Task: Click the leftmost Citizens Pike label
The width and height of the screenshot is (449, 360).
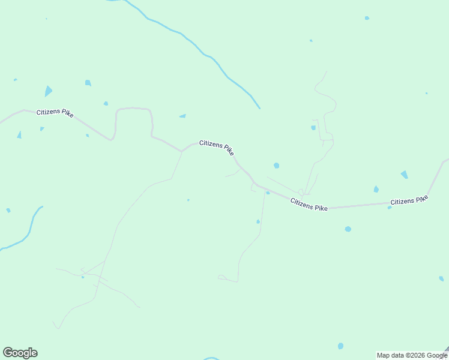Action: coord(55,113)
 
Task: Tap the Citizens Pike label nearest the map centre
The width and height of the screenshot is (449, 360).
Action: coord(217,148)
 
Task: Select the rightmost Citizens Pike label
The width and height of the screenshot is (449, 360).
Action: coord(409,200)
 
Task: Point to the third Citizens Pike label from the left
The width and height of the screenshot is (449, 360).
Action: coord(309,204)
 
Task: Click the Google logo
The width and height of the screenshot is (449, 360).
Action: coord(20,353)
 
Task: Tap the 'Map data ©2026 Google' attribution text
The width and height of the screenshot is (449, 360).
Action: coord(412,355)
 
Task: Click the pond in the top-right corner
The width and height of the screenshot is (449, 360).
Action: coord(367,18)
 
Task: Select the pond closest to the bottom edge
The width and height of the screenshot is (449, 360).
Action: coord(340,346)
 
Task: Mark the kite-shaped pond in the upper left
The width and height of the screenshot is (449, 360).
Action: coord(48,91)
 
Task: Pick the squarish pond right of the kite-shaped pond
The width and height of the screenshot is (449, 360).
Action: coord(88,83)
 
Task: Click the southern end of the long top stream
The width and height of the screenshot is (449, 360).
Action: coord(258,107)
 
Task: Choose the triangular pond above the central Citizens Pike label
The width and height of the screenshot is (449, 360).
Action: coord(182,116)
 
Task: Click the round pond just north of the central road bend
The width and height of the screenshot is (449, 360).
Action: coord(276,165)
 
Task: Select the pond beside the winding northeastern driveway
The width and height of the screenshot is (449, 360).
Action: coord(313,127)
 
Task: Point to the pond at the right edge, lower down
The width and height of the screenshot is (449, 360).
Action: coord(441,278)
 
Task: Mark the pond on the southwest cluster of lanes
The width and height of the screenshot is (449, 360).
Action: coord(83,277)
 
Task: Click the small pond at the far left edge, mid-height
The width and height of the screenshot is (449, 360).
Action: coord(8,210)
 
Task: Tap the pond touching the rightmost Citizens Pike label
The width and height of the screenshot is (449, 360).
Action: coord(390,208)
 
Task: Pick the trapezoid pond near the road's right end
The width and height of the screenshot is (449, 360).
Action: coord(405,175)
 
